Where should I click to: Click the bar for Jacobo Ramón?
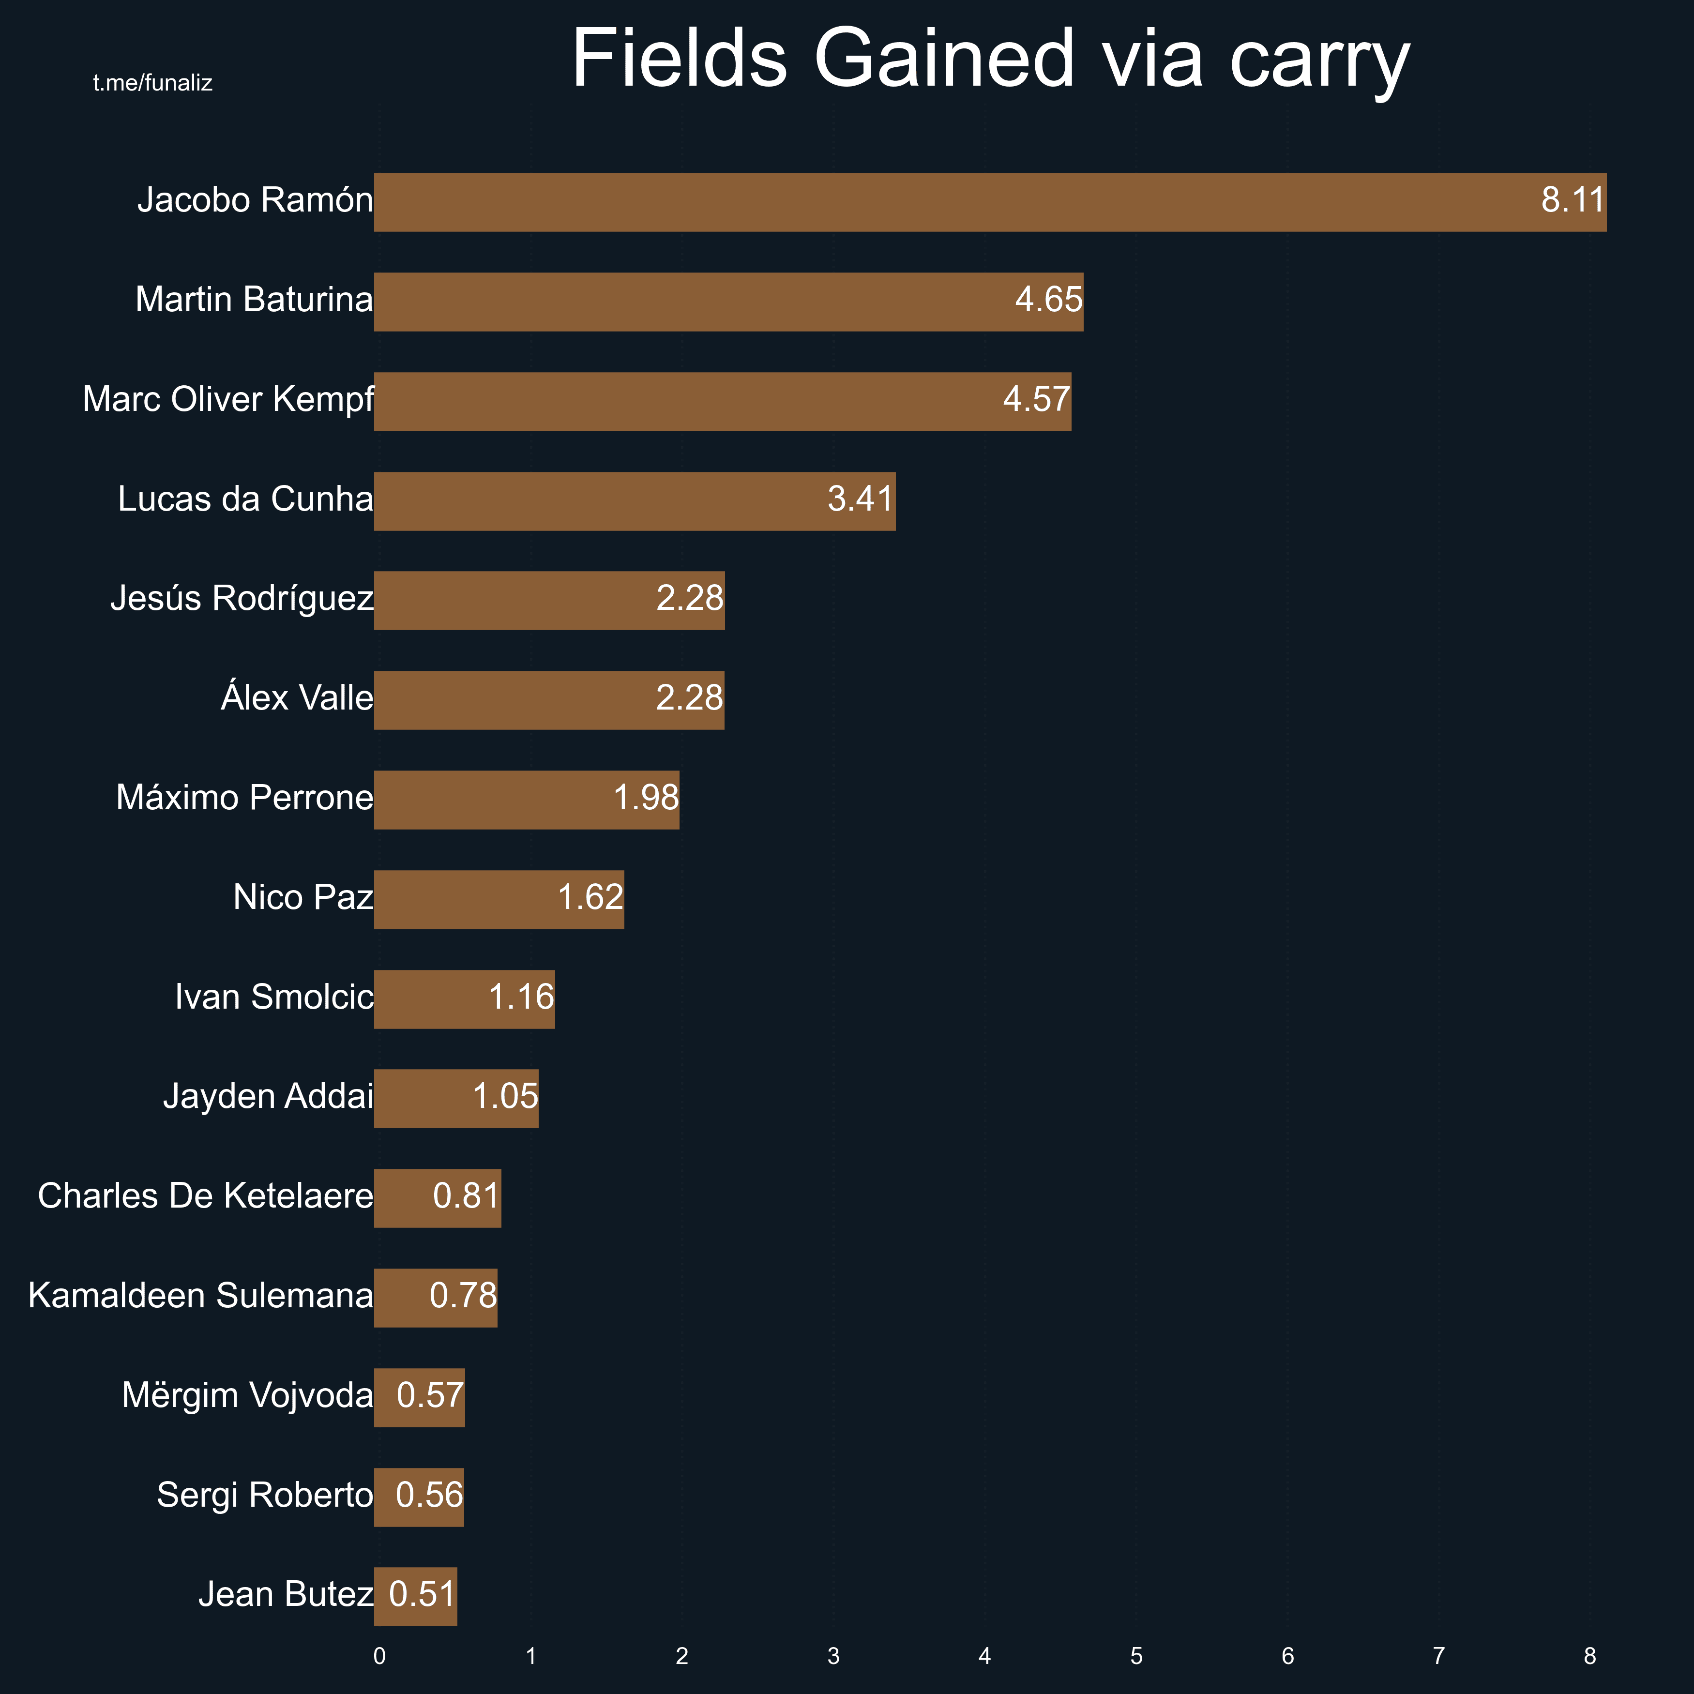tap(990, 202)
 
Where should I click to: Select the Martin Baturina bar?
tap(728, 302)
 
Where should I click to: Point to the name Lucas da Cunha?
tap(245, 499)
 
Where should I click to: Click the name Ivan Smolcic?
tap(273, 997)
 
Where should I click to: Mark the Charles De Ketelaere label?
tap(205, 1196)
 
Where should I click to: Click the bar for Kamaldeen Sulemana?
tap(435, 1298)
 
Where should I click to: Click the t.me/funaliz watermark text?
tap(152, 83)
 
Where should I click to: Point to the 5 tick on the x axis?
tap(1136, 1656)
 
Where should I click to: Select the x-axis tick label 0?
tap(379, 1656)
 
